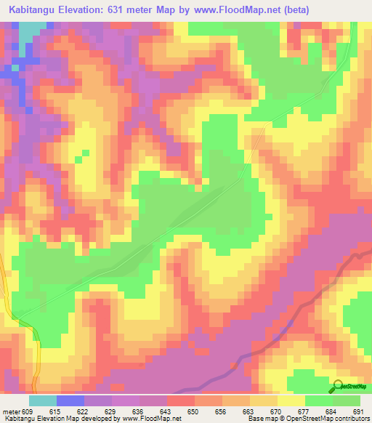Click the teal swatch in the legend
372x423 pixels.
click(x=42, y=400)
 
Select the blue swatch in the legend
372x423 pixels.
click(x=70, y=400)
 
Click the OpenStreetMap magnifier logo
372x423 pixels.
click(x=339, y=386)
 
